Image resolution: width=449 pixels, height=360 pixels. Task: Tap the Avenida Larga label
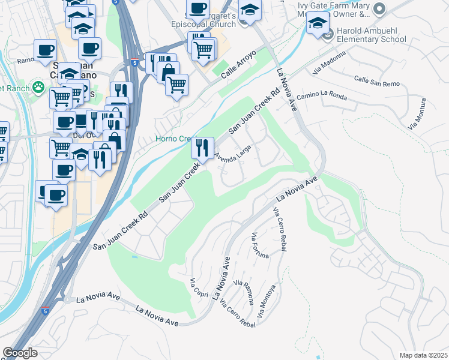233,154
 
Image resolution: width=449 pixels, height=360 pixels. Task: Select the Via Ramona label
243,292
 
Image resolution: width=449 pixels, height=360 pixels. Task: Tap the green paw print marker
39,88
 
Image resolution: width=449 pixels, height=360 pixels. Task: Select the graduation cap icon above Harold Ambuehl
318,23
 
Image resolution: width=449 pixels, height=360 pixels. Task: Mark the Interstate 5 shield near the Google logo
46,311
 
